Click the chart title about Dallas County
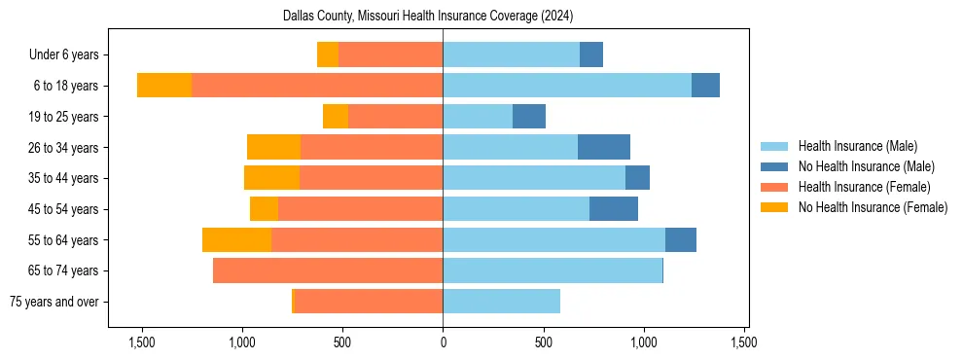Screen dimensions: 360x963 [428, 17]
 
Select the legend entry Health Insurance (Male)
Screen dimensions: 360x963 [857, 146]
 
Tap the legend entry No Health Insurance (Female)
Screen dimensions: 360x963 [873, 207]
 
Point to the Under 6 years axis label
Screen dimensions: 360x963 [63, 54]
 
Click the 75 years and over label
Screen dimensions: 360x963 [53, 302]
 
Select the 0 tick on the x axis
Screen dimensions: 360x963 [443, 342]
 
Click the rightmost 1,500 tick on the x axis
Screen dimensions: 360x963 [744, 342]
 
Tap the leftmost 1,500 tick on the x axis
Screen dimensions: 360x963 [142, 342]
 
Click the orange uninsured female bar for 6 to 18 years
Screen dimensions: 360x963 [164, 86]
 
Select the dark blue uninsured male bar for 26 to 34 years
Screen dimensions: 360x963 [604, 147]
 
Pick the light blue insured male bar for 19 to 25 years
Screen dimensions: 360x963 [478, 117]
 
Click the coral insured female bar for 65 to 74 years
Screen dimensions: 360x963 [328, 270]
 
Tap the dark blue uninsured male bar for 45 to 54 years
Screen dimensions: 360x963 [614, 209]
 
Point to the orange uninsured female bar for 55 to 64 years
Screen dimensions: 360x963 [236, 239]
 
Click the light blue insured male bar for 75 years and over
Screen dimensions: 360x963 [501, 302]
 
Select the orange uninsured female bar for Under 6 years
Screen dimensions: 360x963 [328, 54]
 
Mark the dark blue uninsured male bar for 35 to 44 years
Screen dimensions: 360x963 [637, 178]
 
